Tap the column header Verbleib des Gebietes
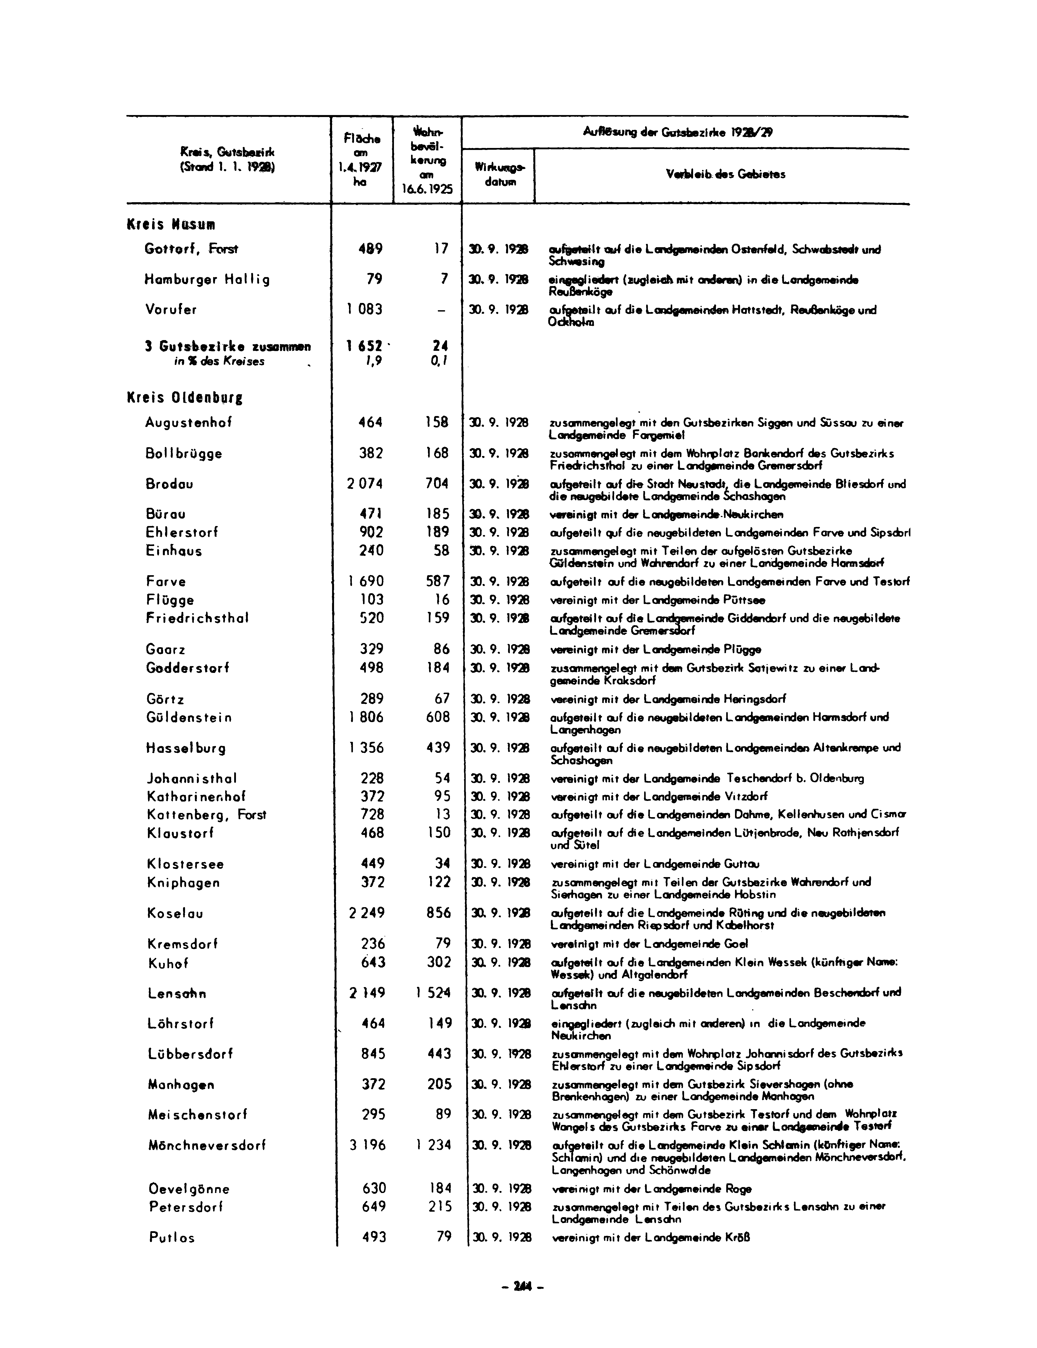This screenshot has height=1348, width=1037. [726, 175]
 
